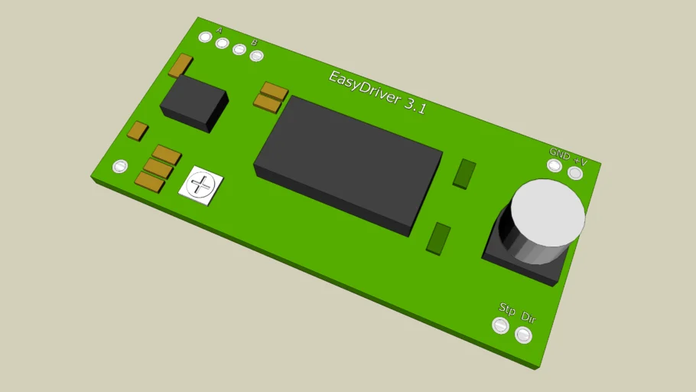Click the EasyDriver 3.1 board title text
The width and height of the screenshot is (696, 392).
click(377, 93)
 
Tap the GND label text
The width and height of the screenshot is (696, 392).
click(559, 154)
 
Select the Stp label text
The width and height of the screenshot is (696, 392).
click(507, 309)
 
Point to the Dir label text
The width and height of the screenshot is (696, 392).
click(529, 317)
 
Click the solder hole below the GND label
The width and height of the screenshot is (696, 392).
click(555, 166)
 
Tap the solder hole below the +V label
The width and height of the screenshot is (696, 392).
click(575, 173)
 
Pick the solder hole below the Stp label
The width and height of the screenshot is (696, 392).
click(500, 325)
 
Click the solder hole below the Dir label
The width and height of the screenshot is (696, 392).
click(523, 335)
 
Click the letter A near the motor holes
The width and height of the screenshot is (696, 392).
click(219, 30)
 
